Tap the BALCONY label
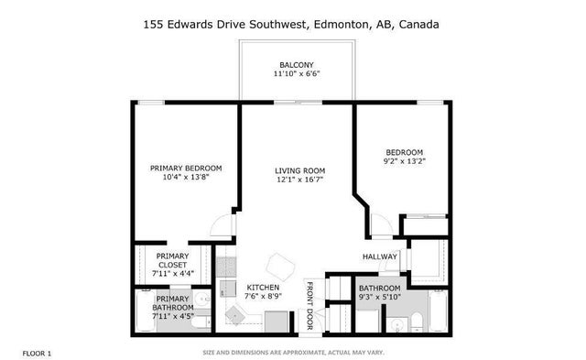(x=297, y=65)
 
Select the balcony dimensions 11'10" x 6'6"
(x=297, y=75)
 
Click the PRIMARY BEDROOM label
(x=186, y=168)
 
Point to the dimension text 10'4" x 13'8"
(x=186, y=178)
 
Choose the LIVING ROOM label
(x=300, y=170)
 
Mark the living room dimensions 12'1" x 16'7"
(x=300, y=180)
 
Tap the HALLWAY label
(x=379, y=256)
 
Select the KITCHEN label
(x=263, y=287)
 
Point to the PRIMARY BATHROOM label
(x=172, y=303)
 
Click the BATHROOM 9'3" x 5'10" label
(x=379, y=292)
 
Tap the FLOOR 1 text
(x=38, y=353)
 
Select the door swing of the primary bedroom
(x=219, y=224)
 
